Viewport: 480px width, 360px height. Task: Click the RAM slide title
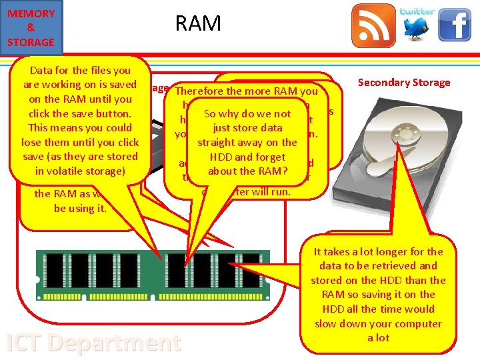[x=197, y=24]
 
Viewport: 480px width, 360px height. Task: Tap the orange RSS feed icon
[x=373, y=26]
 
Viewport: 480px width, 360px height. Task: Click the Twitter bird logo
[x=417, y=27]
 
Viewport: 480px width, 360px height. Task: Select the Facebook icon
[x=454, y=26]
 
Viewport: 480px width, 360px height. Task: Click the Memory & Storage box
[x=31, y=27]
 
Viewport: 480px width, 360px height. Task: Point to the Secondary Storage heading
[x=404, y=83]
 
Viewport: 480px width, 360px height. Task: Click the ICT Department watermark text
[x=93, y=343]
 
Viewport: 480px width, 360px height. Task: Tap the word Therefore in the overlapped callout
[x=200, y=91]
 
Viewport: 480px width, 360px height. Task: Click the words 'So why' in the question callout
[x=221, y=114]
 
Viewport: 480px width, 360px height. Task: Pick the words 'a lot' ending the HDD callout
[x=379, y=337]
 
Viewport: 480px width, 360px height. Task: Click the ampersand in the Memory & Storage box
[x=31, y=27]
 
